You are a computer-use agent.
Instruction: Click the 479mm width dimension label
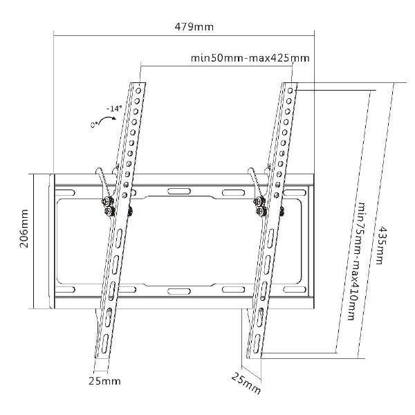pos(194,27)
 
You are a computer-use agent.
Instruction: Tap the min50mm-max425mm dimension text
pos(250,57)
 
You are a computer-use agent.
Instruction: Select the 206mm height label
pos(24,228)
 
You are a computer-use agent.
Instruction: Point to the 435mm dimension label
pos(380,245)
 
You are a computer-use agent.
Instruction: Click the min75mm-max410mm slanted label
pos(356,261)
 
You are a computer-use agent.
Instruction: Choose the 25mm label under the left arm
pos(104,381)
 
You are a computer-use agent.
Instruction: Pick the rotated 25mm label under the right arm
pos(246,383)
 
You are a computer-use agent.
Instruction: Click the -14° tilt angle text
pos(114,109)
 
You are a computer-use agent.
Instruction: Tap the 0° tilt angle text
pos(95,124)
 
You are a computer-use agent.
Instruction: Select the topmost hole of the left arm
pos(138,91)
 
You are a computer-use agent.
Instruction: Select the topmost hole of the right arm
pos(290,91)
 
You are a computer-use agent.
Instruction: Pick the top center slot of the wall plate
pos(179,191)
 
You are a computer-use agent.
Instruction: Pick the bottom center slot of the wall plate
pos(179,291)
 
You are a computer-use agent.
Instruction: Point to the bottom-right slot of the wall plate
pos(295,289)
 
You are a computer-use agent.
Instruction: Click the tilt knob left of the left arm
pos(109,211)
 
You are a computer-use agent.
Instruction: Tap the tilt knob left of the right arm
pos(261,211)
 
